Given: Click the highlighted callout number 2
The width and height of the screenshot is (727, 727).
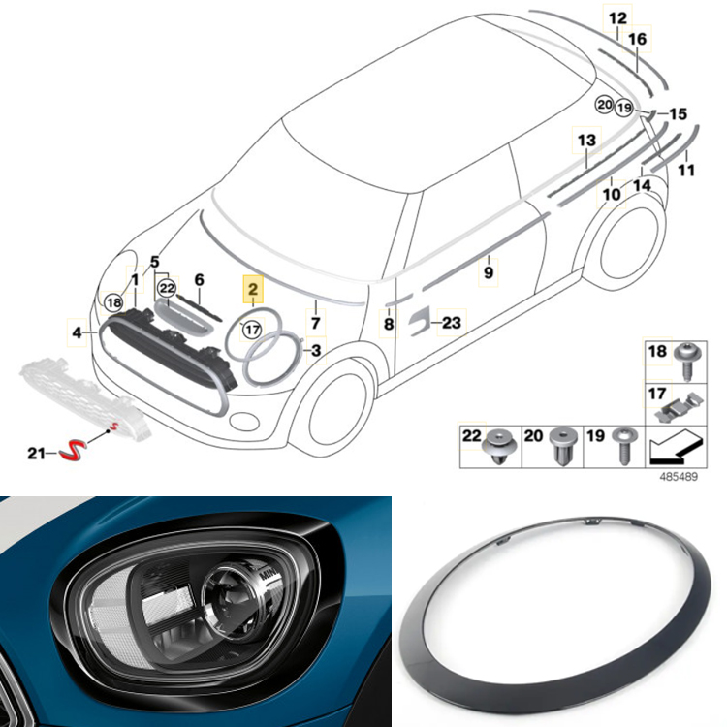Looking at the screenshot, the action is pos(253,289).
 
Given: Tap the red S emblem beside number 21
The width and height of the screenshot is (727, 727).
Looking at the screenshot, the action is pos(73,452).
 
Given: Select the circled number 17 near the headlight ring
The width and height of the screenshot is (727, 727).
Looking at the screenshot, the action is pos(252,330).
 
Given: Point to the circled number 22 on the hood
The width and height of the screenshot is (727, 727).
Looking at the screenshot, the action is pos(167,289).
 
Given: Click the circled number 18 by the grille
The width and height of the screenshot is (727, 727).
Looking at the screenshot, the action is pos(113,303).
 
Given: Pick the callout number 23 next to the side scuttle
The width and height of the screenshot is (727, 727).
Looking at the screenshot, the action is pos(451,322).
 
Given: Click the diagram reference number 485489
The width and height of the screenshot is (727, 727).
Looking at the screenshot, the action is pos(679,477).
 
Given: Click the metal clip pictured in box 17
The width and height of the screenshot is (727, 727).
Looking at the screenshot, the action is pos(680,407).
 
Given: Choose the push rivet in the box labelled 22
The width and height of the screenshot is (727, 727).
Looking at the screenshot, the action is pos(499,447).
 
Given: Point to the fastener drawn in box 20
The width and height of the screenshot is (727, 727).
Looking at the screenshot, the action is pos(563,445).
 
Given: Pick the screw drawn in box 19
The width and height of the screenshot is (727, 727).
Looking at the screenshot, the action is pos(624,446).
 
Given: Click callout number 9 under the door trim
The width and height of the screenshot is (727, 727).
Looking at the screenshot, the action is pos(489,272).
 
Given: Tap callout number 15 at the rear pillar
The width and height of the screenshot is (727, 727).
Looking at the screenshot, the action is pos(678,113).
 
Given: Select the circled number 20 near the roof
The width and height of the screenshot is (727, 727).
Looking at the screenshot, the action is pos(605,105).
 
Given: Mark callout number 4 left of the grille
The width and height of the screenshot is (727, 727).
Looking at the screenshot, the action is pos(78,332).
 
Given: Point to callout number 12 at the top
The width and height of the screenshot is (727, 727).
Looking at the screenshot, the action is pos(617,18).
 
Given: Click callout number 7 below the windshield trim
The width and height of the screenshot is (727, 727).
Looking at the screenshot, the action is pos(316,323).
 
